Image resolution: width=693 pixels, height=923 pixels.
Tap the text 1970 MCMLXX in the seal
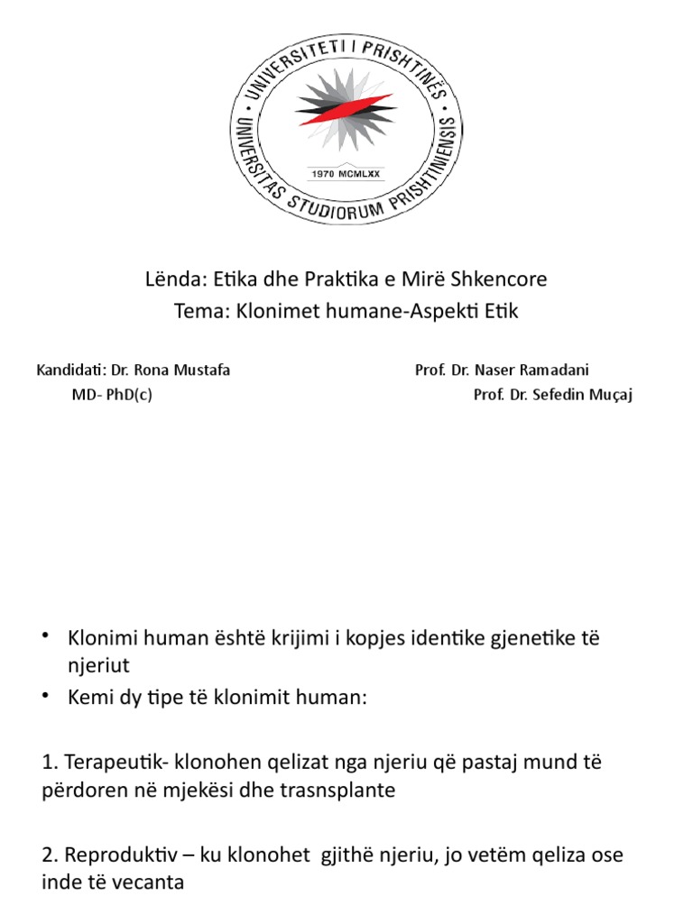click(346, 174)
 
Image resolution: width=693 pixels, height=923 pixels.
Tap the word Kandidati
click(69, 370)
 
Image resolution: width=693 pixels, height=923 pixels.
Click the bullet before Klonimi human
click(45, 637)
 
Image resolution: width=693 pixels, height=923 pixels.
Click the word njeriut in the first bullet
click(98, 664)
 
